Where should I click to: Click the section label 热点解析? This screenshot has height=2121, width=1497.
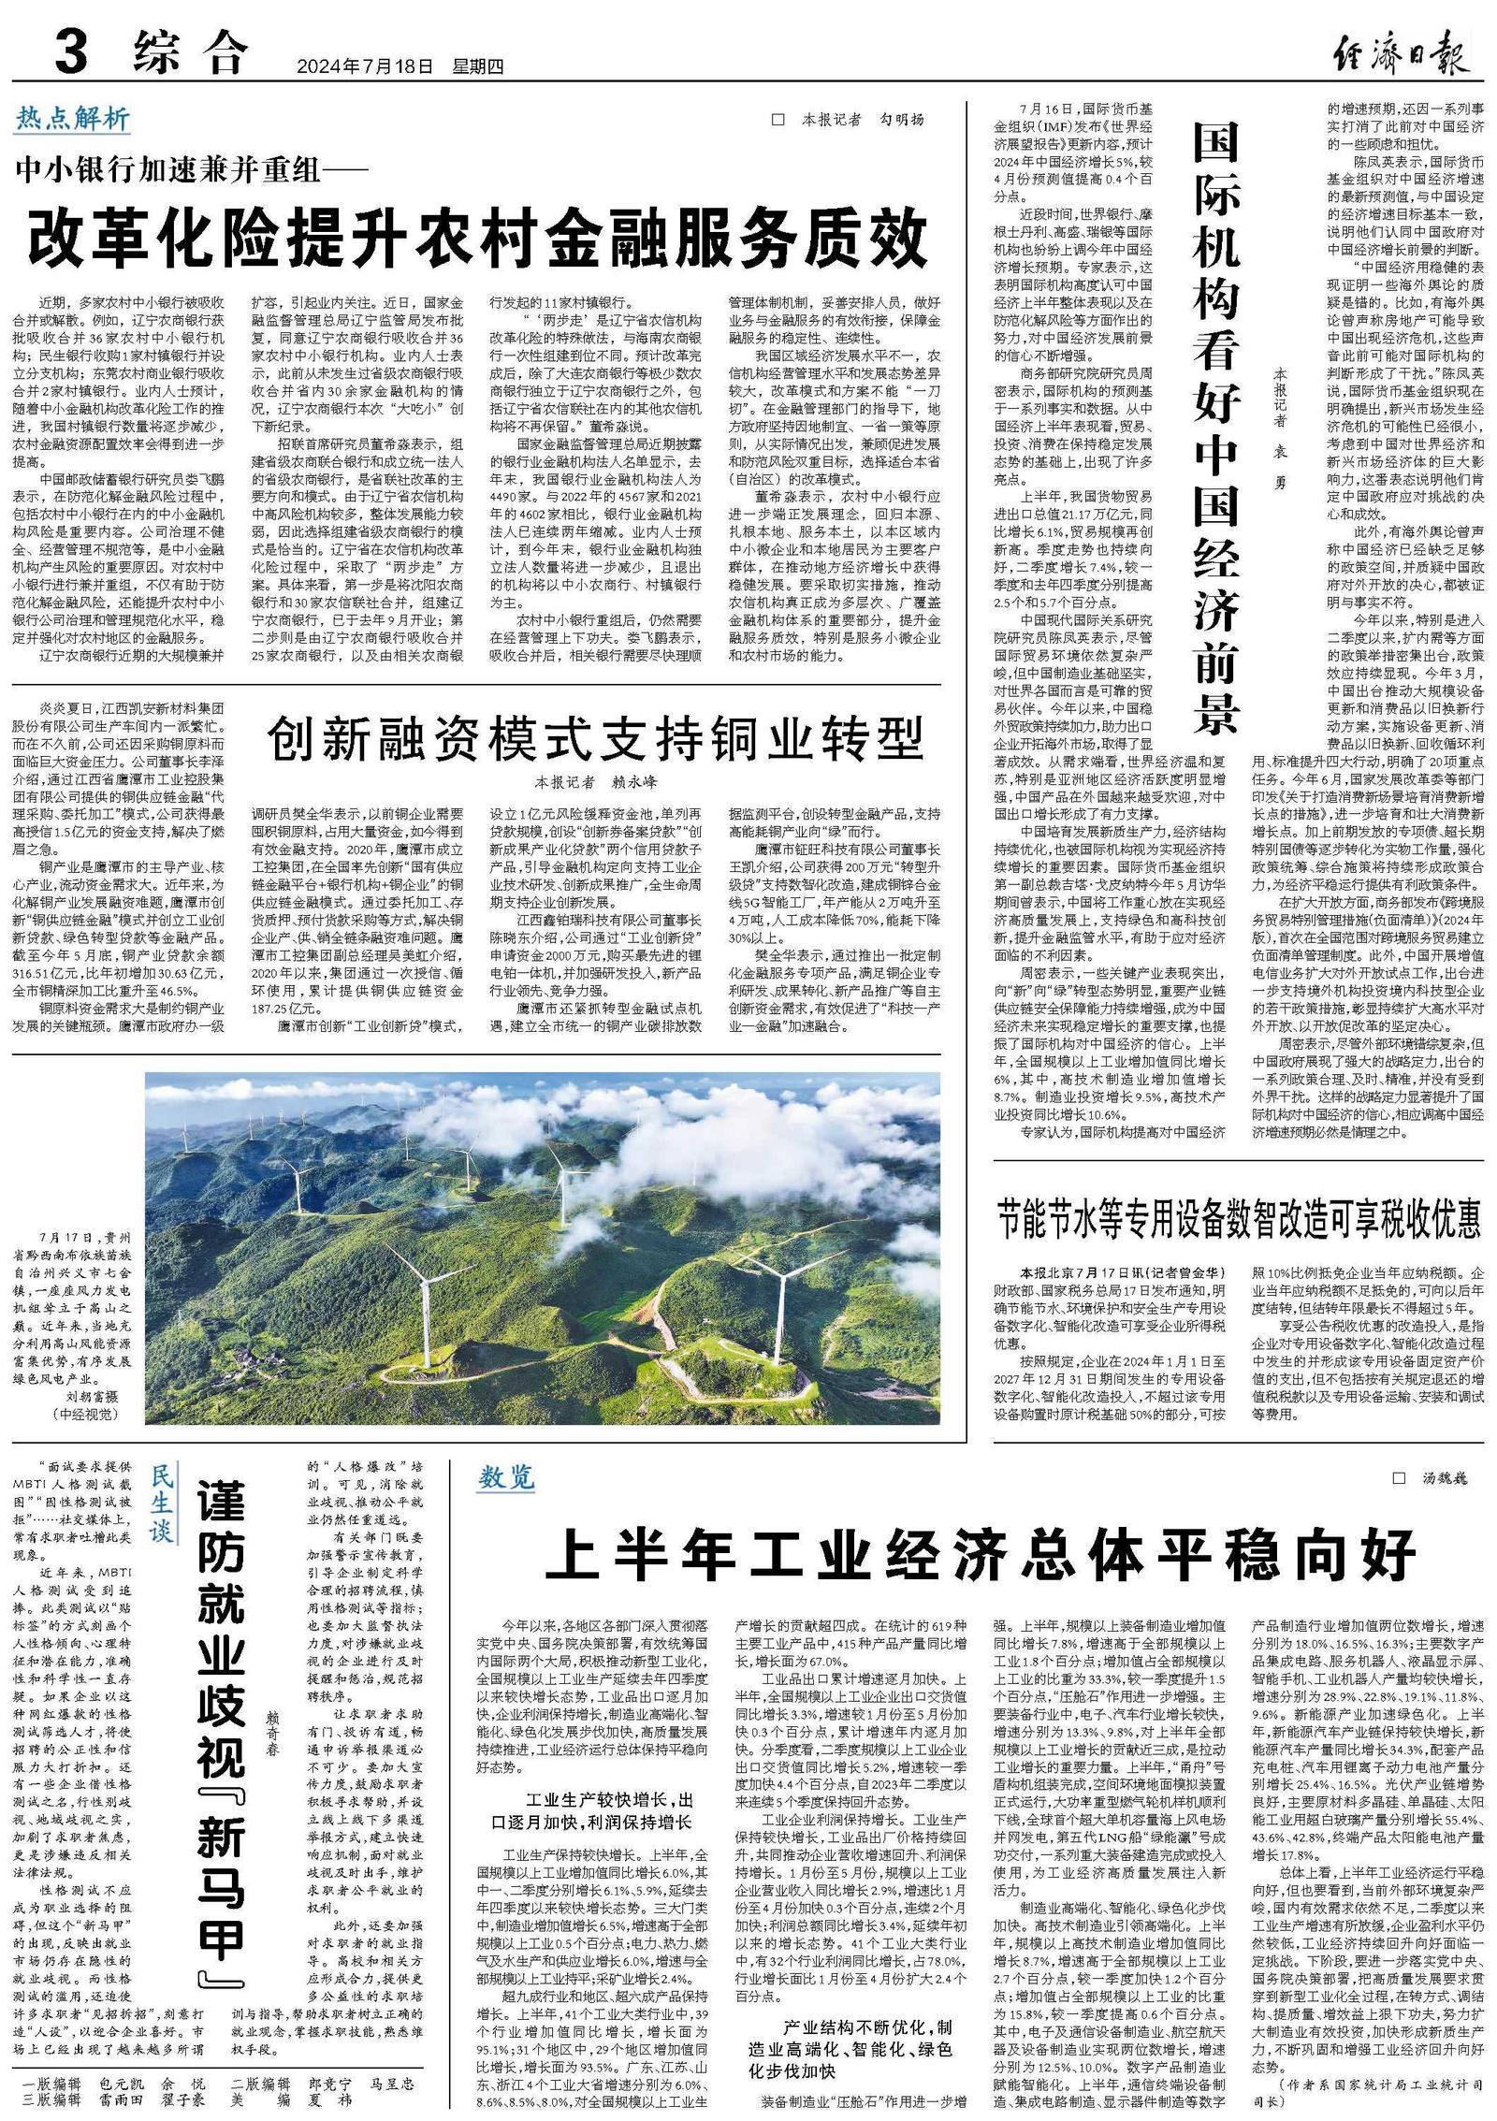[73, 119]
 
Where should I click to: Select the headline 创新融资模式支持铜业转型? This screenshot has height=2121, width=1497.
[595, 739]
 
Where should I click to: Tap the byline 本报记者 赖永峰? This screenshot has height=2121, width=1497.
[596, 781]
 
